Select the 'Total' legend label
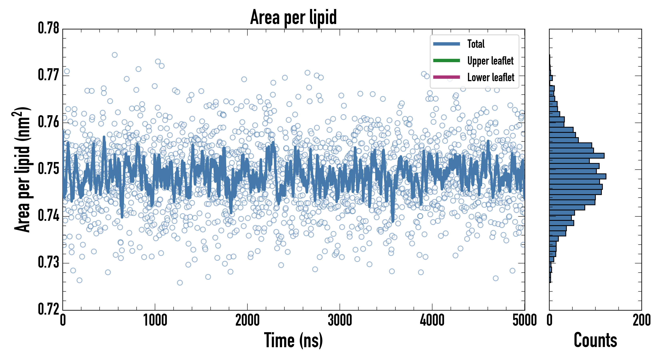tap(476, 44)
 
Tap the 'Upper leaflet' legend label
tap(490, 61)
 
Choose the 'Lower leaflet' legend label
tap(491, 77)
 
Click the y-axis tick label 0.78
tap(49, 28)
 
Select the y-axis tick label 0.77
tap(49, 75)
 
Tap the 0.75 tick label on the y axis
tap(49, 169)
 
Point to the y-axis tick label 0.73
tap(49, 263)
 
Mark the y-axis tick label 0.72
tap(49, 309)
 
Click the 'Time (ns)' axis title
tap(293, 341)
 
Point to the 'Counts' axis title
tap(595, 341)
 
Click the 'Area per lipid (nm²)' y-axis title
tap(22, 169)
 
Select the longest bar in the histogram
tap(578, 176)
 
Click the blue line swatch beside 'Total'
tap(446, 44)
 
